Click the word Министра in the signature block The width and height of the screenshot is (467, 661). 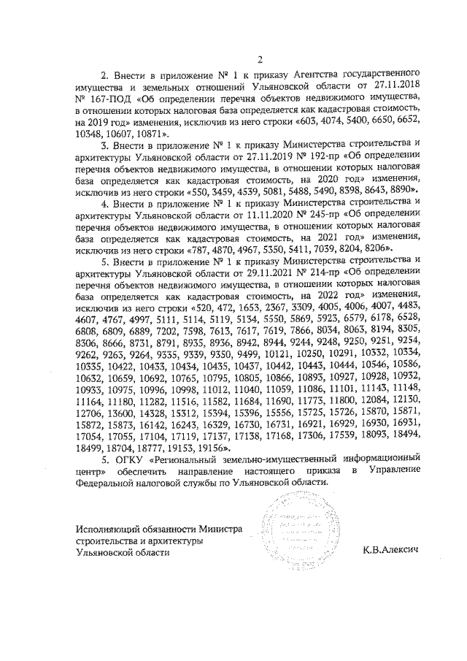(x=217, y=529)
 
